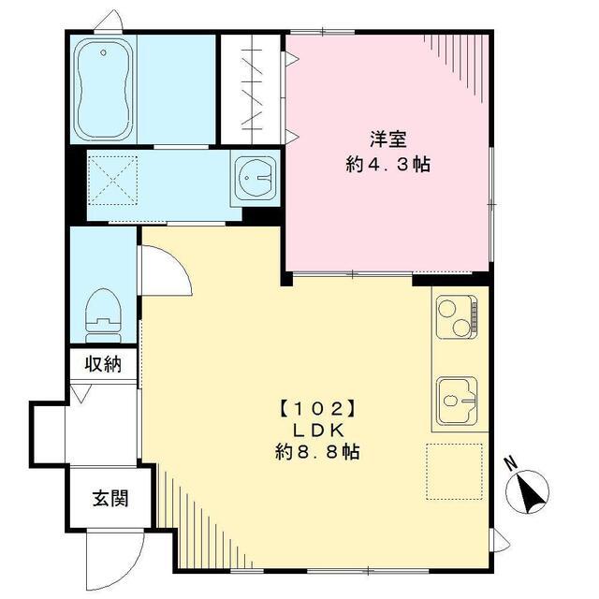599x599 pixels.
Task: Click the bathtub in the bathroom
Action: [103, 88]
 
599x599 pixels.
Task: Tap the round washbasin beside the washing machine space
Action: [256, 175]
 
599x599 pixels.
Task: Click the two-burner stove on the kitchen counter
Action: [455, 315]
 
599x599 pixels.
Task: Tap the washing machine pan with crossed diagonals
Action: [112, 180]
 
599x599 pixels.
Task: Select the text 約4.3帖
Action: [387, 164]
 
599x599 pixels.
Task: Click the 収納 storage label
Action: [103, 364]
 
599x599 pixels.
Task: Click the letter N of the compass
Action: [509, 462]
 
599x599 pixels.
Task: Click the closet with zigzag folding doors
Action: [251, 89]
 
